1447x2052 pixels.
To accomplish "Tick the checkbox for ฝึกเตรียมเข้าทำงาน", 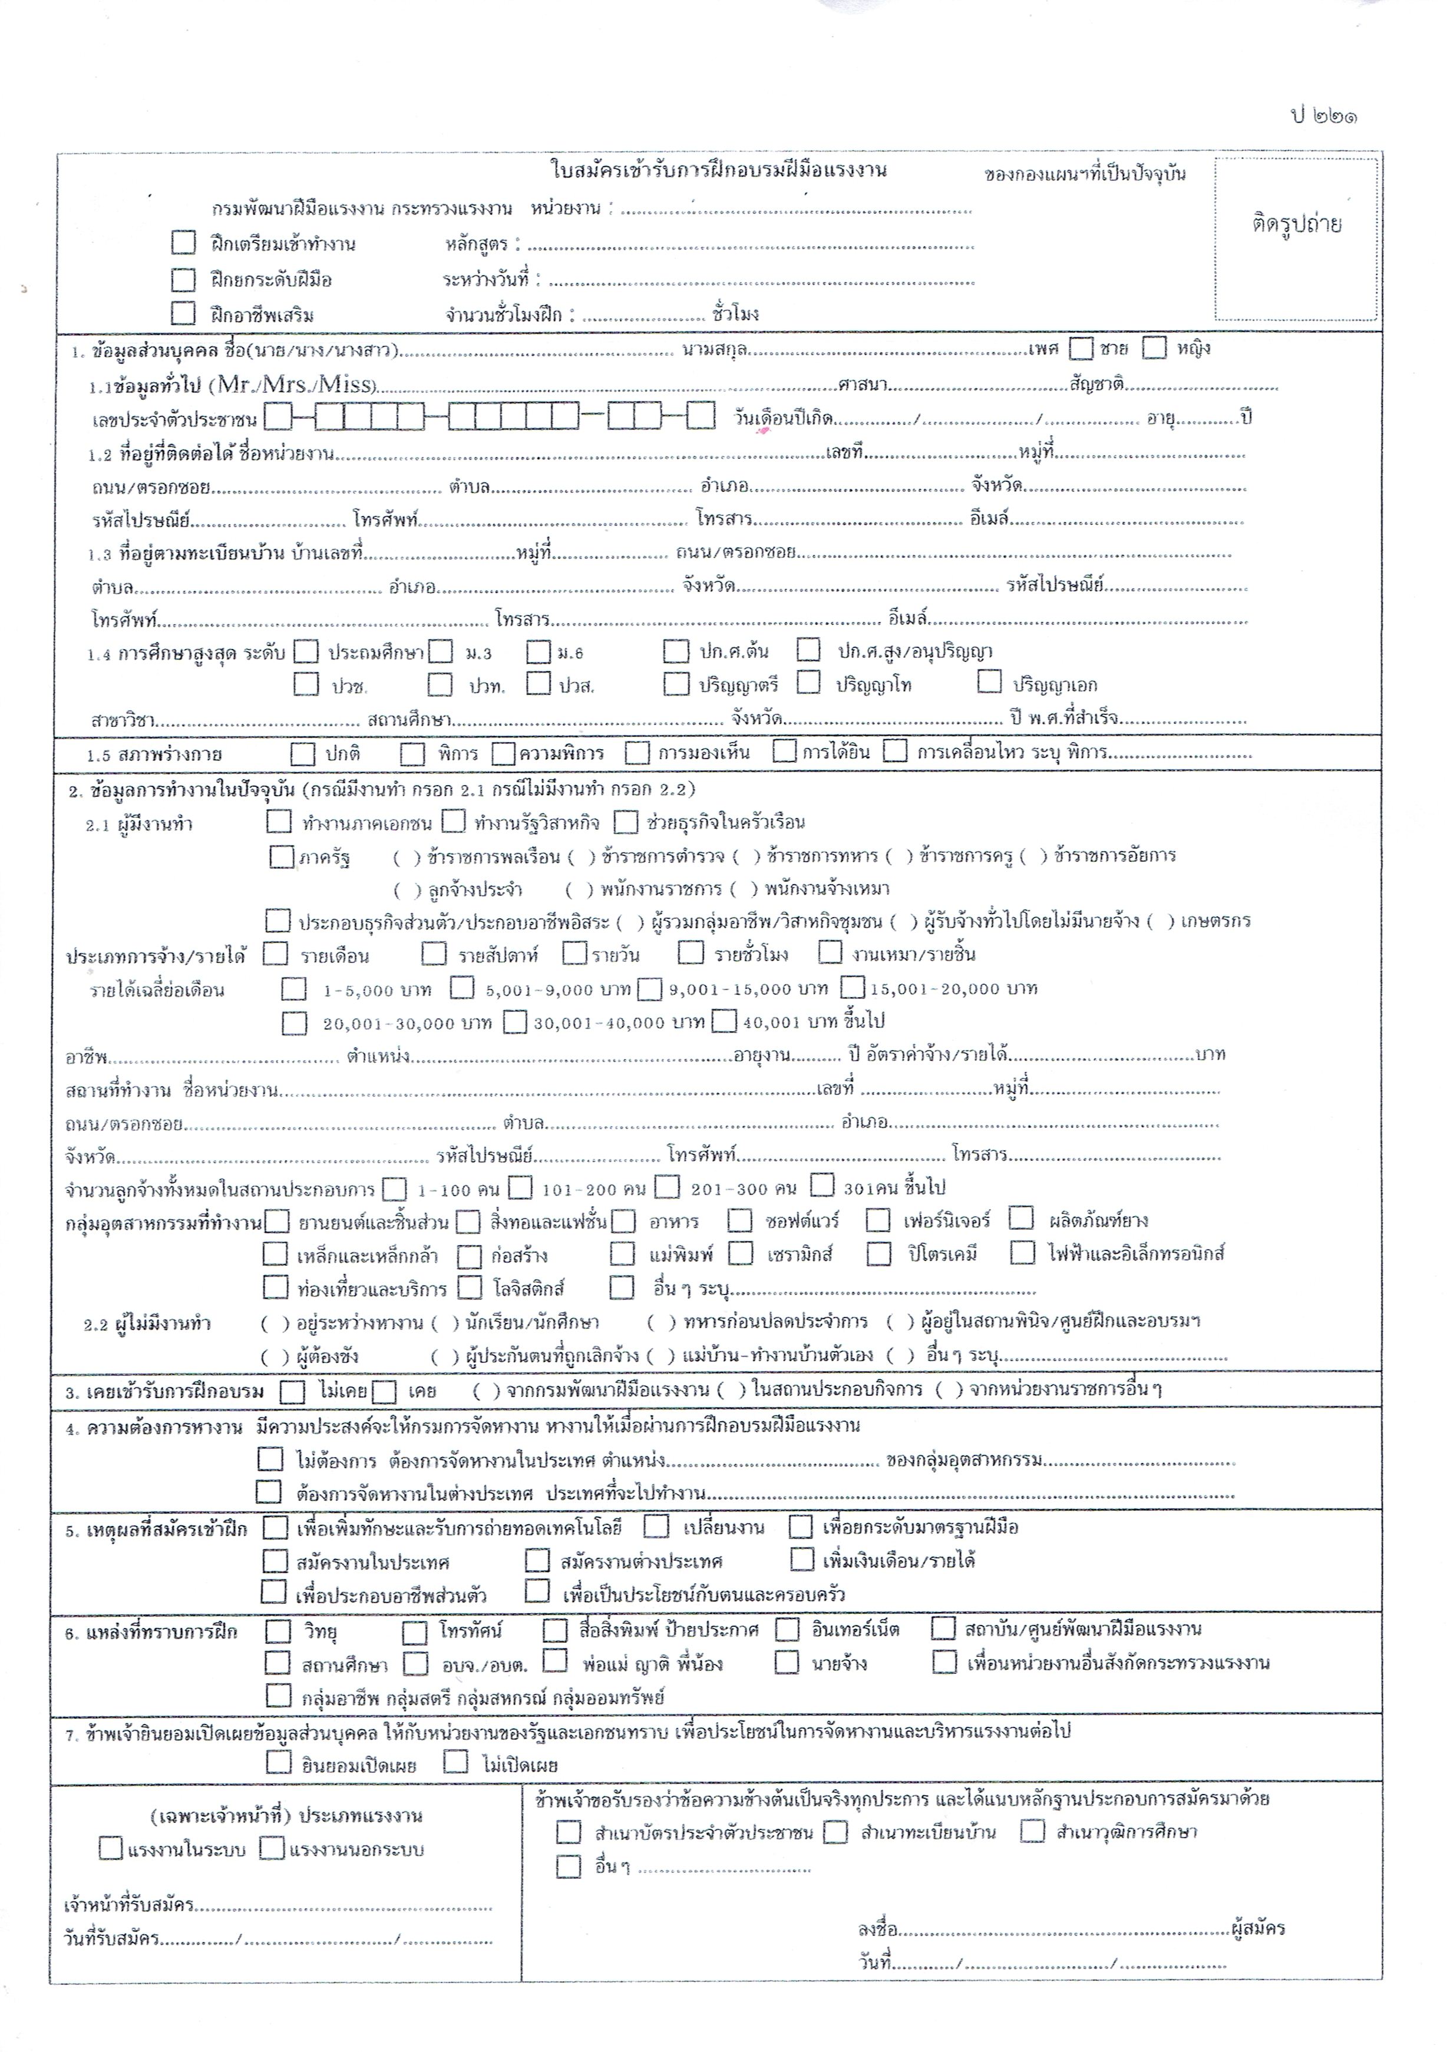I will (x=183, y=243).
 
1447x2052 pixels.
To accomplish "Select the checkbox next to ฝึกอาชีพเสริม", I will (x=183, y=314).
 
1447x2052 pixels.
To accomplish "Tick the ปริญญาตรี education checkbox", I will (x=676, y=684).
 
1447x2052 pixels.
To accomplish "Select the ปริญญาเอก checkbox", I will (x=989, y=683).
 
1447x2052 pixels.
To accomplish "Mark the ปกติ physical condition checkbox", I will (x=303, y=754).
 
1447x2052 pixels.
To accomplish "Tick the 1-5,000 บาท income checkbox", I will (x=293, y=989).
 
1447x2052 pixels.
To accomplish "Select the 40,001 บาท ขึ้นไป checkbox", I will (x=725, y=1021).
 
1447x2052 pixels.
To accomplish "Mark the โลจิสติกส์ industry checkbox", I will (x=469, y=1288).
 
